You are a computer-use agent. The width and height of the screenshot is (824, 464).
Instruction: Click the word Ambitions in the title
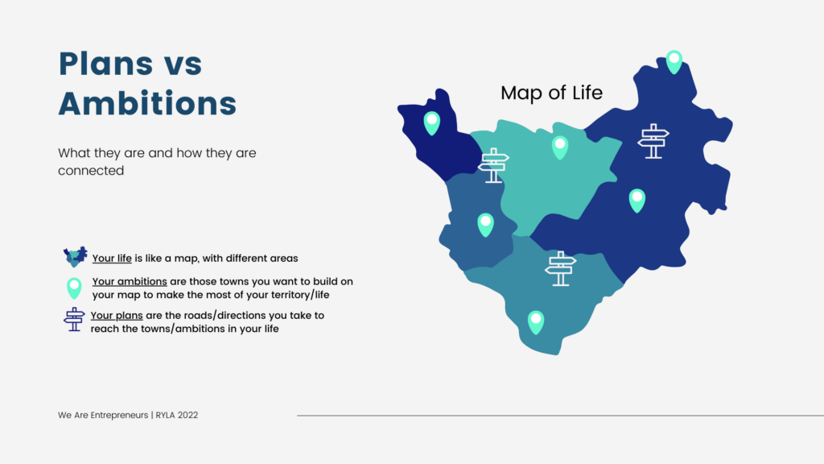[147, 103]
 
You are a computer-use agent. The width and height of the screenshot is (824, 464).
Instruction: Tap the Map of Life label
[551, 93]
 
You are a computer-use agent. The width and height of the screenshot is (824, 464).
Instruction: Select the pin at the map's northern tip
[674, 62]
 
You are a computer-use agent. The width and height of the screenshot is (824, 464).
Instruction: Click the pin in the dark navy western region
[432, 123]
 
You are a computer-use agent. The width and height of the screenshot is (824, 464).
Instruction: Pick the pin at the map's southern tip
[535, 322]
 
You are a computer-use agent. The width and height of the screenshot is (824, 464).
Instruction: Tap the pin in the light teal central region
[560, 147]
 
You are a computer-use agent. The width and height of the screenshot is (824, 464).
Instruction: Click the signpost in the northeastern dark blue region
[653, 141]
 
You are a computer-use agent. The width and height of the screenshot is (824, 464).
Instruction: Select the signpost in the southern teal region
[560, 268]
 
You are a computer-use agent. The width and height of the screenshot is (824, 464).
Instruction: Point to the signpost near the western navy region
[493, 165]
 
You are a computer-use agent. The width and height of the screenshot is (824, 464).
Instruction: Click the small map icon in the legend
[75, 257]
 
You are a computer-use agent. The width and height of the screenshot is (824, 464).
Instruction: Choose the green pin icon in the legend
[74, 288]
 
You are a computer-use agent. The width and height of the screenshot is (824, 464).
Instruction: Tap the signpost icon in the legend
[74, 319]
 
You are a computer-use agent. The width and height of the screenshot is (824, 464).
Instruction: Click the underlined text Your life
[112, 259]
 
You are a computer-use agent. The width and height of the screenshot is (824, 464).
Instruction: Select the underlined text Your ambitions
[130, 281]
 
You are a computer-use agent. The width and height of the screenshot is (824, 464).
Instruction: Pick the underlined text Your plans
[117, 316]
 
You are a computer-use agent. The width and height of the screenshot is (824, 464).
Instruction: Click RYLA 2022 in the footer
[176, 415]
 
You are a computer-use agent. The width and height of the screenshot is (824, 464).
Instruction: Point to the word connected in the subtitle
[91, 171]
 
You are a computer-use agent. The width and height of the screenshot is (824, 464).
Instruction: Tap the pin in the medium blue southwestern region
[485, 226]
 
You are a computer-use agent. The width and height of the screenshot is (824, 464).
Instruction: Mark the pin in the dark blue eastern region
[637, 201]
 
